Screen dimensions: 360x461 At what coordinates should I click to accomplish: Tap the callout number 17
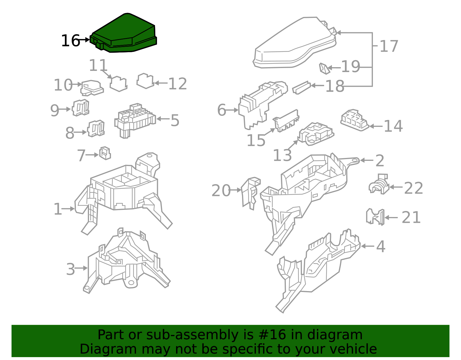389,46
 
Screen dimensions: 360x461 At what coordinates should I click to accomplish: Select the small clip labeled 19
324,68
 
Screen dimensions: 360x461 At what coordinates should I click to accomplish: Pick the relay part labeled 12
145,81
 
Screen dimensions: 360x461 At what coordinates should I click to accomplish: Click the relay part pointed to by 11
118,84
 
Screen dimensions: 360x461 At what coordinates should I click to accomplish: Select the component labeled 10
92,88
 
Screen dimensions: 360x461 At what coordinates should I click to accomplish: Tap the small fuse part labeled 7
105,153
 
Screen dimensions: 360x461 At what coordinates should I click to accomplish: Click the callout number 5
175,120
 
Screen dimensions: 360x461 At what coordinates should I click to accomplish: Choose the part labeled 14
354,120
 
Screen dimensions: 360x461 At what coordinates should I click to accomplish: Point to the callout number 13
282,155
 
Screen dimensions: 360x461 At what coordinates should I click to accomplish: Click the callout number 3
70,269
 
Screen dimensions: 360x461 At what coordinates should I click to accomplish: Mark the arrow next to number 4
367,246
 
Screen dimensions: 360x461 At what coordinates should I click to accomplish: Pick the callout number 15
256,140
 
